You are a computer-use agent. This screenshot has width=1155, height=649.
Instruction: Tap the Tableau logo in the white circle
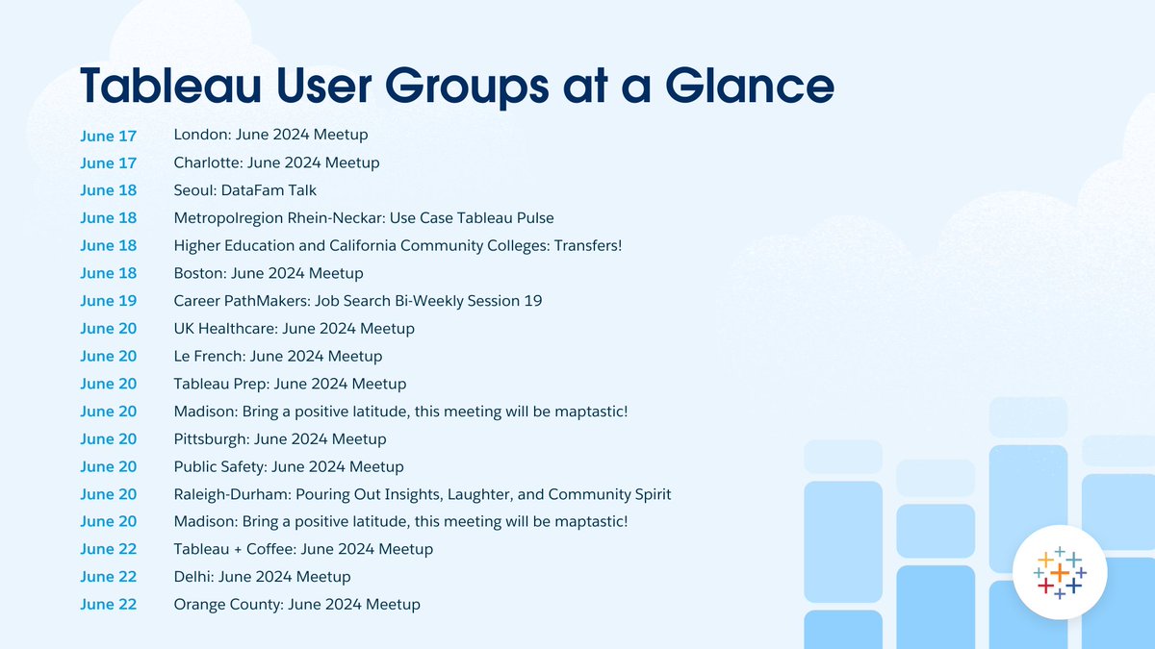[x=1059, y=573]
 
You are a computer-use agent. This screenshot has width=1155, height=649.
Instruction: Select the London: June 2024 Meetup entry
[x=270, y=135]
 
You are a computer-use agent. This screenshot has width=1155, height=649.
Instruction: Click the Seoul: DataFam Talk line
[x=244, y=190]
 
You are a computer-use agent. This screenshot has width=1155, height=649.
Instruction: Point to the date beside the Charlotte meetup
[x=109, y=163]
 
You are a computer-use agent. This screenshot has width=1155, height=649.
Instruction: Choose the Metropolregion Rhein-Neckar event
[x=364, y=218]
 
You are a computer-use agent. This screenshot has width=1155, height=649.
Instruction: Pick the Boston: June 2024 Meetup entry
[x=269, y=274]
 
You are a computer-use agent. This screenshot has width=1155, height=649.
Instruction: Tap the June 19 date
[x=109, y=302]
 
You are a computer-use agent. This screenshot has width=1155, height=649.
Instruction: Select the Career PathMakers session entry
[x=357, y=301]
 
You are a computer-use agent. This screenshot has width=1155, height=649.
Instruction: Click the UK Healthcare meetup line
[x=294, y=329]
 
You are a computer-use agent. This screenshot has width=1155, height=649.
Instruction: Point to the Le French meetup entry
[x=277, y=357]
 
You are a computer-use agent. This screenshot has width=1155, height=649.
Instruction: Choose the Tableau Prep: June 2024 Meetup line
[x=290, y=385]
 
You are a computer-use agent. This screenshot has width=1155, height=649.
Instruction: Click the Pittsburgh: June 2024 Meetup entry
[x=279, y=439]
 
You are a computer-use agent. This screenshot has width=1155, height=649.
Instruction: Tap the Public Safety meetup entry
[x=288, y=467]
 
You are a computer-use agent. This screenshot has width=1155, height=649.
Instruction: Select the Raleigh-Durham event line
[x=422, y=495]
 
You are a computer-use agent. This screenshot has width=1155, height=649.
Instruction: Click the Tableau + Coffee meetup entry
[x=303, y=550]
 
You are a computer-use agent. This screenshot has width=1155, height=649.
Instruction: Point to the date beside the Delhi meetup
[x=109, y=578]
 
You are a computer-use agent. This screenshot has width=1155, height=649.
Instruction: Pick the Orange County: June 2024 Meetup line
[x=296, y=605]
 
